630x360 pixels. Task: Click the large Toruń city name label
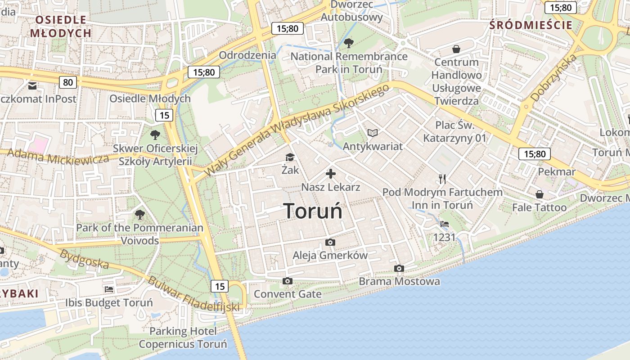(x=313, y=211)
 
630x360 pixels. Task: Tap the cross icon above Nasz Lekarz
(x=331, y=173)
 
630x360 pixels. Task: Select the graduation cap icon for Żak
(x=290, y=157)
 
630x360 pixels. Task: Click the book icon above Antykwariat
(x=373, y=133)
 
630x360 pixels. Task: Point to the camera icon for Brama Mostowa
(x=399, y=269)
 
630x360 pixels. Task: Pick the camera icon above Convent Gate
(x=288, y=281)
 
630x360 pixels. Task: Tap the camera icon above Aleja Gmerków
(x=330, y=243)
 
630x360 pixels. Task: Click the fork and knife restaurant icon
(x=442, y=179)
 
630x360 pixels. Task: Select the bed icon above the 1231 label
(x=445, y=224)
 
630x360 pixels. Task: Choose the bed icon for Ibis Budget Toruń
(x=108, y=289)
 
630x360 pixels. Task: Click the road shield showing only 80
(x=67, y=82)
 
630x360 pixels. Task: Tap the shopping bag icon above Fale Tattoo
(x=539, y=194)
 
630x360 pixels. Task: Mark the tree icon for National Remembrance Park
(x=348, y=43)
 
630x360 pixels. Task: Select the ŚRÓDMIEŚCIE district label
(x=531, y=25)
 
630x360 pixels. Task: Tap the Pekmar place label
(x=557, y=171)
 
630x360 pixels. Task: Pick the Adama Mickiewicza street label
(x=58, y=156)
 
